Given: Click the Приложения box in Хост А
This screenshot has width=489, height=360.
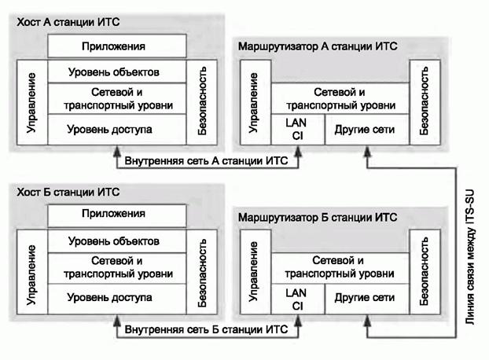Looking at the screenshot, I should tap(117, 46).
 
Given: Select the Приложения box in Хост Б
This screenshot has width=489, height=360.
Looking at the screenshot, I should tap(117, 214).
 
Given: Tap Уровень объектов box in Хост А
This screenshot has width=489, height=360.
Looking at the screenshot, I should tap(117, 72).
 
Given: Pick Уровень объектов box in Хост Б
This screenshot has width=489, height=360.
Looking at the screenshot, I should tap(117, 241).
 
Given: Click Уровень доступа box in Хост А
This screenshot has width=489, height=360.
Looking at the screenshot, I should tap(117, 129).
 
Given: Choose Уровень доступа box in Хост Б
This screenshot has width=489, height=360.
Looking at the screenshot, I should tap(117, 298).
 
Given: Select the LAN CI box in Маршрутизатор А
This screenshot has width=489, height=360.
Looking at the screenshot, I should tap(297, 129).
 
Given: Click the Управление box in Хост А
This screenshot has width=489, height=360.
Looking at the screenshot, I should tap(31, 101).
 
